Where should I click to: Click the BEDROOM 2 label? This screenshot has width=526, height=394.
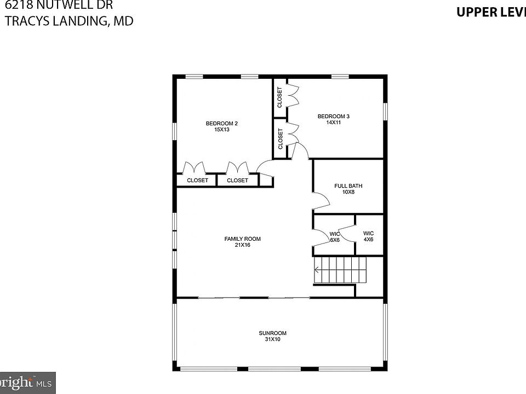pyautogui.click(x=221, y=123)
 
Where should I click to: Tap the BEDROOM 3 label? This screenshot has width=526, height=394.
pyautogui.click(x=333, y=116)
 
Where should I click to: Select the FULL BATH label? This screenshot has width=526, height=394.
pyautogui.click(x=348, y=186)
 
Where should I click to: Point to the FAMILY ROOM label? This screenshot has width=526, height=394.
pyautogui.click(x=242, y=239)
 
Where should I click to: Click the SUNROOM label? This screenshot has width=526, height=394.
pyautogui.click(x=272, y=333)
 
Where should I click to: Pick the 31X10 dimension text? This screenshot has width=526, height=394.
pyautogui.click(x=272, y=339)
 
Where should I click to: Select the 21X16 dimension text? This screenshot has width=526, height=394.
pyautogui.click(x=242, y=245)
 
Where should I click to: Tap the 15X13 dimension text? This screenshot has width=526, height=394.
pyautogui.click(x=221, y=130)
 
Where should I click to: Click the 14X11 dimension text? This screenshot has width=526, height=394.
pyautogui.click(x=333, y=123)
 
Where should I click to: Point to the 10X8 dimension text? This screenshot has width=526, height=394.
pyautogui.click(x=348, y=192)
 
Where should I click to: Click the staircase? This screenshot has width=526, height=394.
pyautogui.click(x=340, y=270)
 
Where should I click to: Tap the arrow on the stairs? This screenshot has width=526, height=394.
pyautogui.click(x=317, y=269)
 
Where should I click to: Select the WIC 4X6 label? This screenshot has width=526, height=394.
pyautogui.click(x=368, y=236)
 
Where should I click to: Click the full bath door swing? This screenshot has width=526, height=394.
pyautogui.click(x=321, y=200)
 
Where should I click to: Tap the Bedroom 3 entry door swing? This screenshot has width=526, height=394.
pyautogui.click(x=300, y=152)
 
